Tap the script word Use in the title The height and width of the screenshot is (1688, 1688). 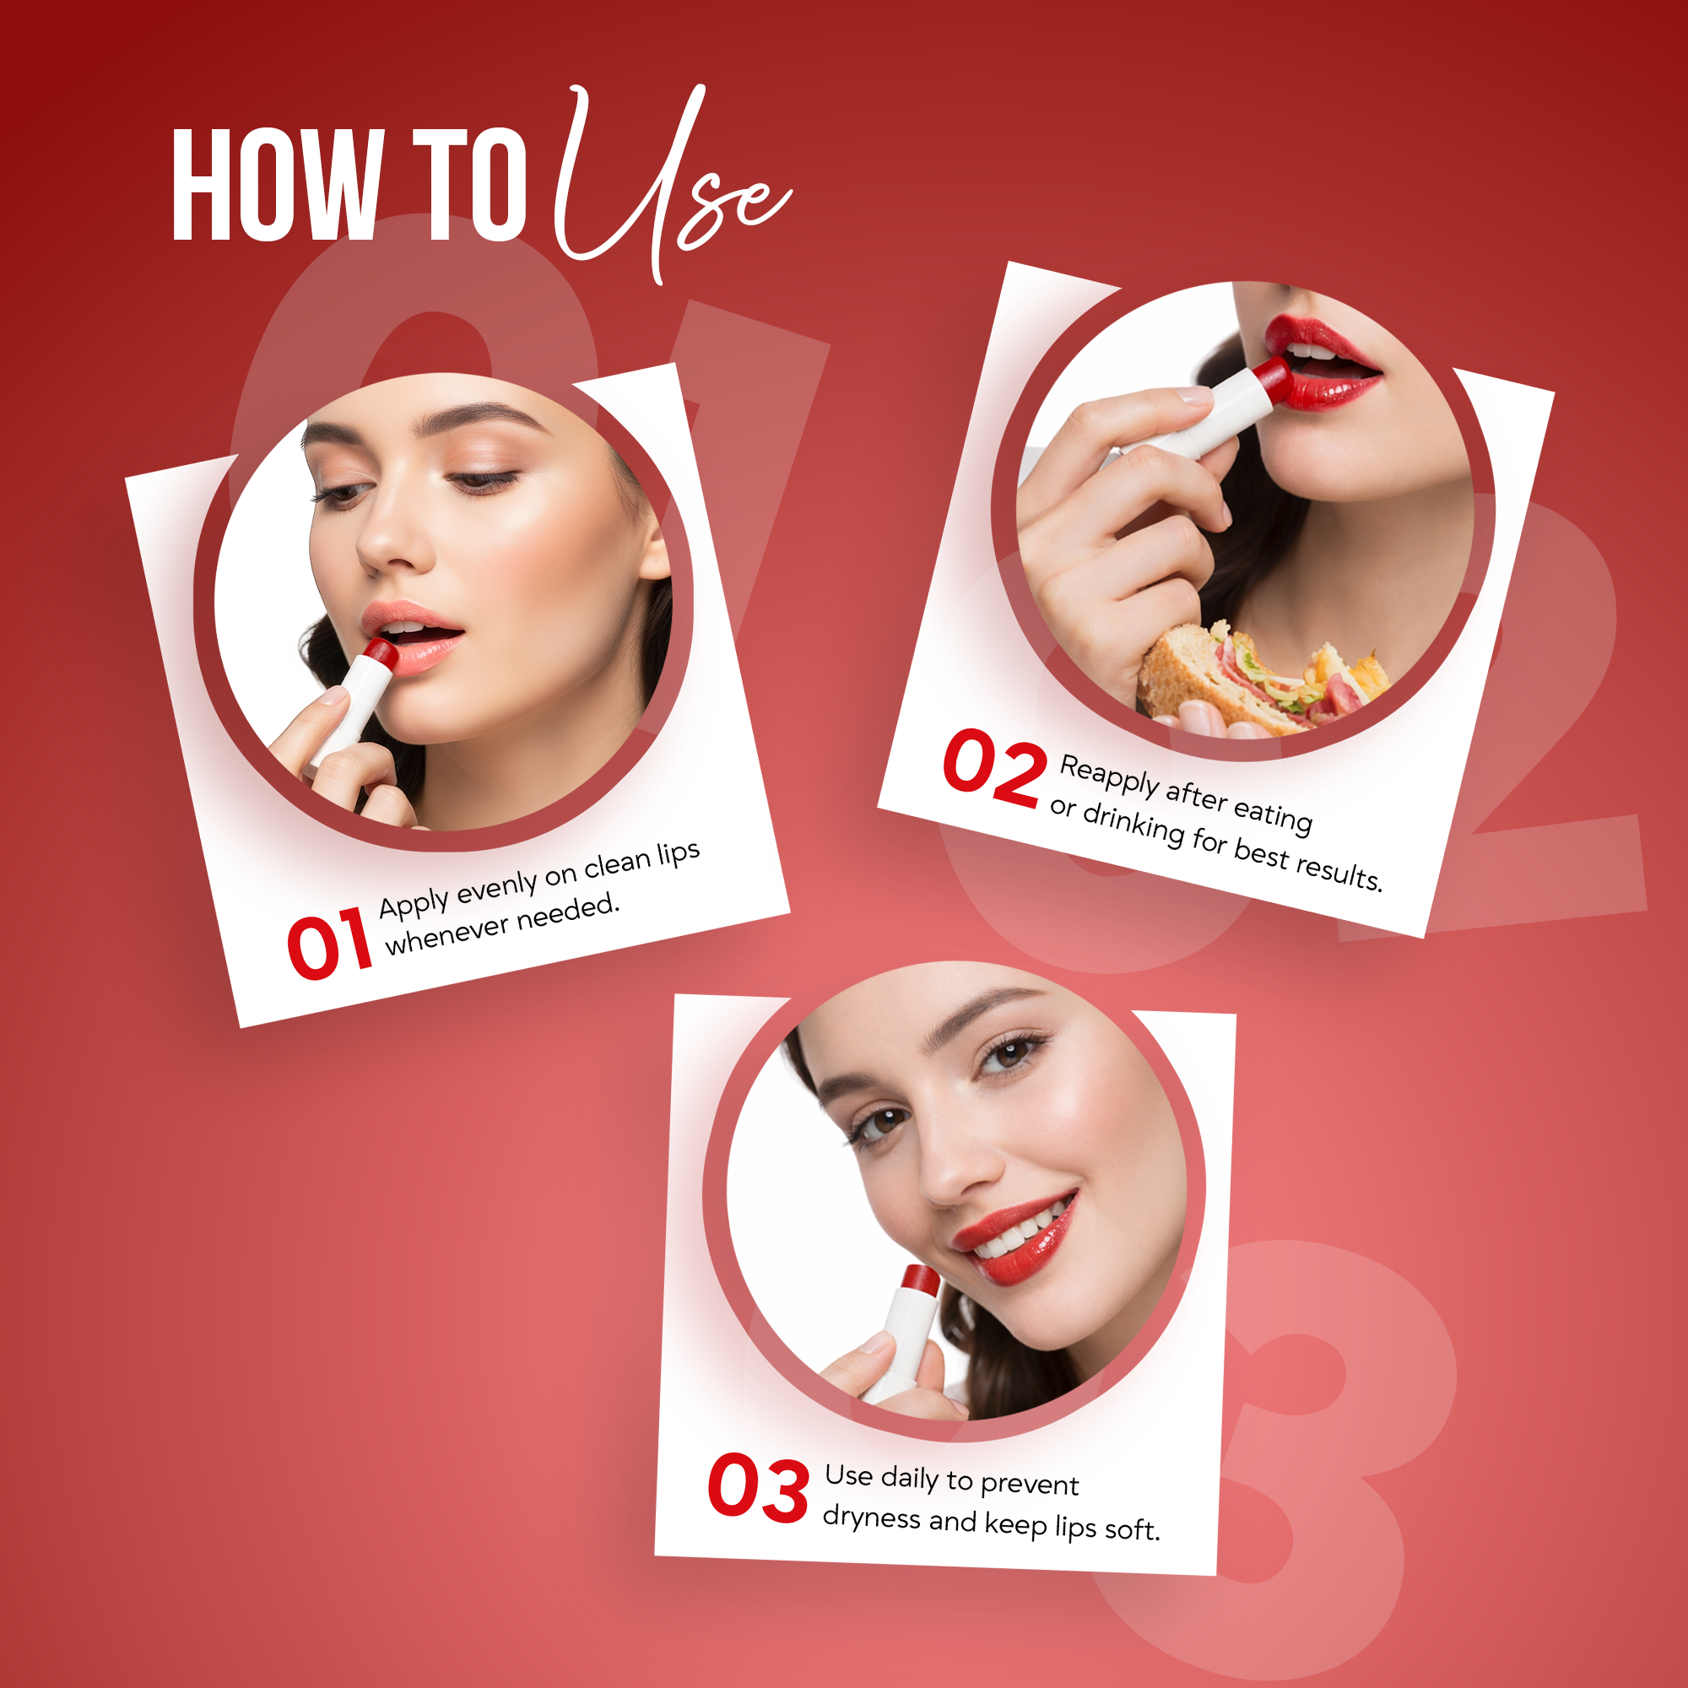coord(664,188)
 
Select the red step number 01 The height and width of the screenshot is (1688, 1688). coord(328,944)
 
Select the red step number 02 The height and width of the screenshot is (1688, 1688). coord(993,768)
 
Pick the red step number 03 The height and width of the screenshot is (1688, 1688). coord(758,1487)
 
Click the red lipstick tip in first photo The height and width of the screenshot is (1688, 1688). coord(381,651)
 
